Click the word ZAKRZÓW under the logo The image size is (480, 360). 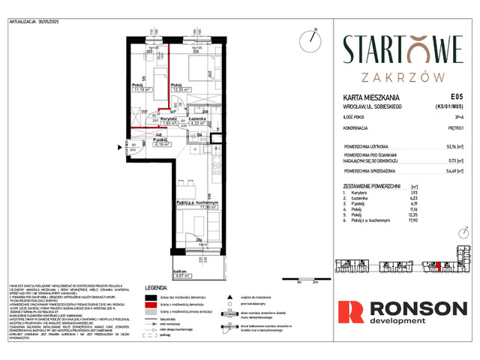pyautogui.click(x=403, y=76)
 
